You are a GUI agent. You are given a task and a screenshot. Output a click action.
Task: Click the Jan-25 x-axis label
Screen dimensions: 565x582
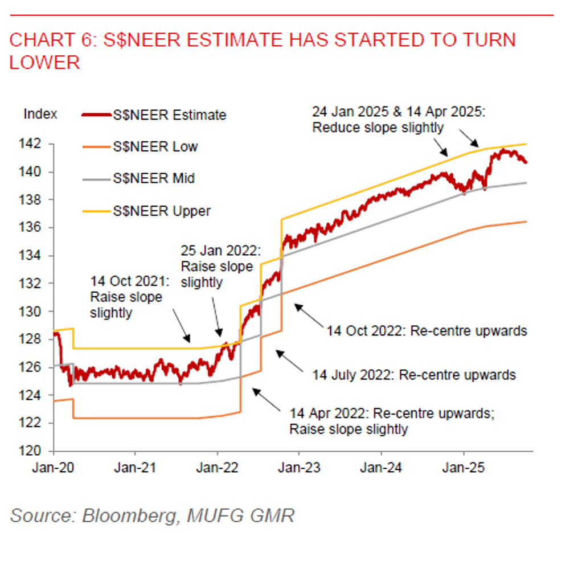465,469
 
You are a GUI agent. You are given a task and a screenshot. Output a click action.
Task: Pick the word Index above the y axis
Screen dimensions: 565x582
40,114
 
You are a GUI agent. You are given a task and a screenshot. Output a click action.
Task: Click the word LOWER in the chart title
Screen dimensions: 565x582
44,63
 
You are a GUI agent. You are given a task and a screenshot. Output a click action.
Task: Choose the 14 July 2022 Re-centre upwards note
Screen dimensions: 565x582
414,375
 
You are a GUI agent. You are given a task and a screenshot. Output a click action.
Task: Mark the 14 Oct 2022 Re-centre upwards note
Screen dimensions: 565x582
427,331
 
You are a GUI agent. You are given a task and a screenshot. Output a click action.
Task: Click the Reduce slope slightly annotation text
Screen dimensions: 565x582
378,128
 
